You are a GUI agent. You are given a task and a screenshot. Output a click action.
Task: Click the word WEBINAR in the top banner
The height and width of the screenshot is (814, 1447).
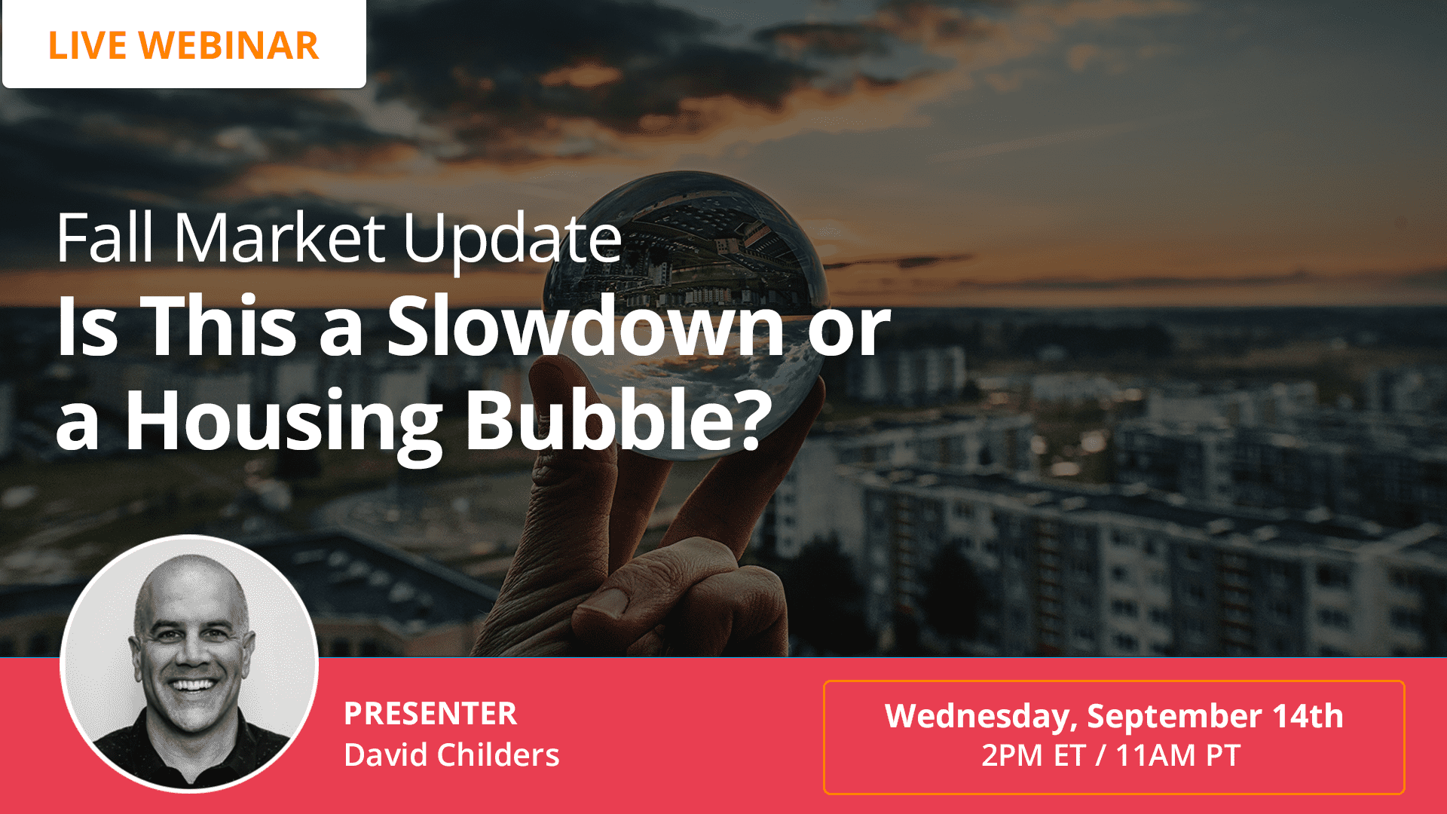[x=229, y=45]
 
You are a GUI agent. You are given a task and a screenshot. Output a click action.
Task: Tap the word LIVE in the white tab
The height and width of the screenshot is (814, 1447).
[x=87, y=45]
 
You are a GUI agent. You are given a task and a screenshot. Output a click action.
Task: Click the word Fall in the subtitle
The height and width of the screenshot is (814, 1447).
[x=105, y=239]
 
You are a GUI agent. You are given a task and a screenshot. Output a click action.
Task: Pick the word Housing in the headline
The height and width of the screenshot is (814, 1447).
[x=283, y=420]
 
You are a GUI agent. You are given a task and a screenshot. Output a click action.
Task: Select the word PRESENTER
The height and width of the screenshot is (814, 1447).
[x=430, y=714]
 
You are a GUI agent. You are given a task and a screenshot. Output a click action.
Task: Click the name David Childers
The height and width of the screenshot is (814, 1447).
[x=451, y=754]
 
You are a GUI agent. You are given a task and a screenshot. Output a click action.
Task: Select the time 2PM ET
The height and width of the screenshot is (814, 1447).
[x=1033, y=755]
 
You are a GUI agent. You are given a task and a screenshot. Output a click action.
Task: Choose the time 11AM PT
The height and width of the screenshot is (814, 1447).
[x=1177, y=755]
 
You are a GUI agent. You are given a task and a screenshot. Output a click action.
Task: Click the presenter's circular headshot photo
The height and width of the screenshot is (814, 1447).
[x=189, y=663]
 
